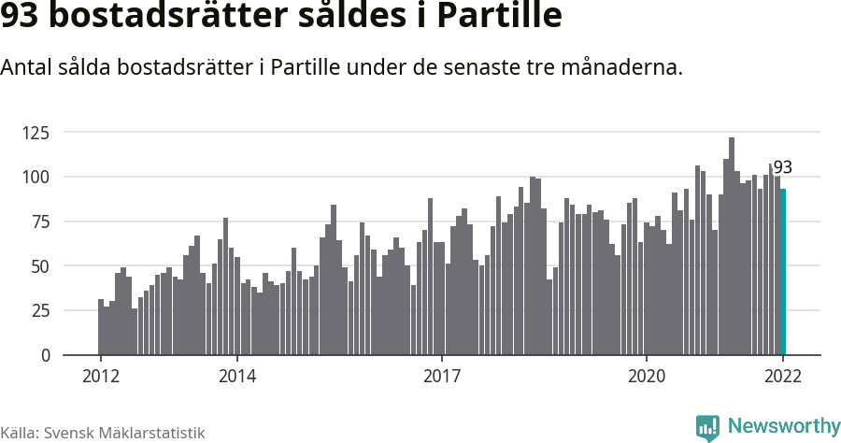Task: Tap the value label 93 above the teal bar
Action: point(783,168)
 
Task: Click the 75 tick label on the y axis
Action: point(37,221)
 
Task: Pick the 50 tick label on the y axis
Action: point(37,266)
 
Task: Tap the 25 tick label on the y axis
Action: point(37,311)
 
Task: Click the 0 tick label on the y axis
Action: point(42,356)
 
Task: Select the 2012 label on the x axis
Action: point(100,377)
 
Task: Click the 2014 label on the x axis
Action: point(237,377)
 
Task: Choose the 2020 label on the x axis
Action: point(646,377)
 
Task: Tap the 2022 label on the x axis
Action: point(783,377)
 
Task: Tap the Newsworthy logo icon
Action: point(707,427)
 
